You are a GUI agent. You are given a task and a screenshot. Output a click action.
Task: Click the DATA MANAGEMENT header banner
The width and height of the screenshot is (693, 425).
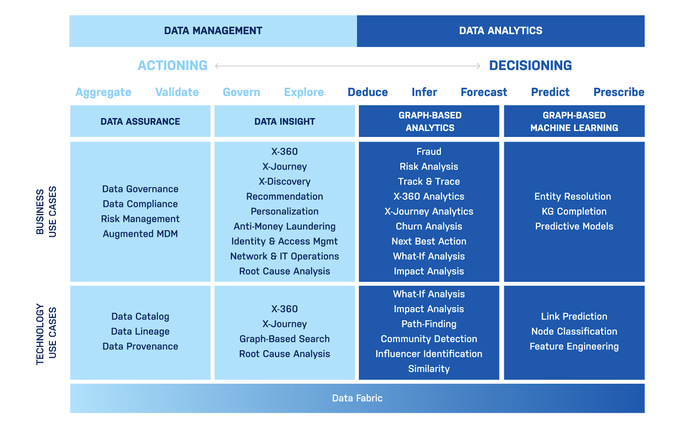[x=213, y=31]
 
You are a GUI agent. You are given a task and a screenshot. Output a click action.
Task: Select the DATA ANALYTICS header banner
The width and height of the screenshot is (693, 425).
[x=501, y=31]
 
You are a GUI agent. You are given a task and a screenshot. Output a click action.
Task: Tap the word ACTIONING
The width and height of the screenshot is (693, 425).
[x=173, y=65]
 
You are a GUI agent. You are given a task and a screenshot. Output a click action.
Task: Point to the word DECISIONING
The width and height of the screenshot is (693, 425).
[x=530, y=65]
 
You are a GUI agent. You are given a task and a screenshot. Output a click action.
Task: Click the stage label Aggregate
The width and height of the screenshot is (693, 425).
[x=104, y=92]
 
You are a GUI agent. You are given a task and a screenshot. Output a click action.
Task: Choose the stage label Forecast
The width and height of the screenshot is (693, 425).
[x=484, y=92]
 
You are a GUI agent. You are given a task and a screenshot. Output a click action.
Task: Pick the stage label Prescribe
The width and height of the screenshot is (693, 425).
[x=619, y=92]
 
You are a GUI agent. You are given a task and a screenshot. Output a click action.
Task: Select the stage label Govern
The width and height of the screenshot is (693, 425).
[x=241, y=92]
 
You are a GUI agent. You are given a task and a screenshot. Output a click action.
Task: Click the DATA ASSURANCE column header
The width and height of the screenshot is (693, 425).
[x=140, y=121]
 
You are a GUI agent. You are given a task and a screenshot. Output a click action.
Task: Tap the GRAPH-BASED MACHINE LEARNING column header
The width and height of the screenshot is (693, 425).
[x=574, y=121]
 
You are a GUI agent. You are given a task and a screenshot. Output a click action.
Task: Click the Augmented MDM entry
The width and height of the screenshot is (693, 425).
[x=140, y=234]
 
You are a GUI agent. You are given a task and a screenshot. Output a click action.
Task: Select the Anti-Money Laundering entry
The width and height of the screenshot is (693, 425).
[x=285, y=226]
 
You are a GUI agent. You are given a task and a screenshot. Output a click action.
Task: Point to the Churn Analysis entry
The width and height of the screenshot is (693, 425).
[x=429, y=226]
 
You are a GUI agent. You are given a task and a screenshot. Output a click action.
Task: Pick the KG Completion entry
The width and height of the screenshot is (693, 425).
[x=574, y=212]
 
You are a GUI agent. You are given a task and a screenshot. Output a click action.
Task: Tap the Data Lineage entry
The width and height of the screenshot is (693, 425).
[x=140, y=332]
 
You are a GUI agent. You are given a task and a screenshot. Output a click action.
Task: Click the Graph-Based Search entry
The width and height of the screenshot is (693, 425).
[x=285, y=339]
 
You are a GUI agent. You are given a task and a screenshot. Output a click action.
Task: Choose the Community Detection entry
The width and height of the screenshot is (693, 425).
[x=429, y=339]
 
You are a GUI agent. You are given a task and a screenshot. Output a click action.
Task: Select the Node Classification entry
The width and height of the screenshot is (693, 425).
[x=574, y=332]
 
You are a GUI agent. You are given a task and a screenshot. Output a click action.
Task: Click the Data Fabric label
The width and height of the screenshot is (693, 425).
[x=357, y=398]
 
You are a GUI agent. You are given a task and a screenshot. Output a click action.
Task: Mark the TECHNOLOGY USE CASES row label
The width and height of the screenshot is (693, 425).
[x=46, y=334]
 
